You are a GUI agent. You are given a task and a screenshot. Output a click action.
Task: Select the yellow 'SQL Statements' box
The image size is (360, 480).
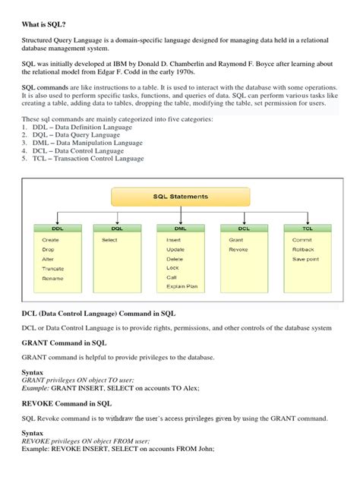(180, 197)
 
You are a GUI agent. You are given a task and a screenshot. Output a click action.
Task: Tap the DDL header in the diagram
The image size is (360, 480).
(58, 228)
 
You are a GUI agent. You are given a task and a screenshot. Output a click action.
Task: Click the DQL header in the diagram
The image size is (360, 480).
(117, 228)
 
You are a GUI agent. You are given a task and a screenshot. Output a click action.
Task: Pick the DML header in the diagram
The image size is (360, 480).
(180, 228)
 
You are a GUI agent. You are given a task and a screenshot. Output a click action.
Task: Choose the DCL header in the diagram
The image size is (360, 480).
(243, 228)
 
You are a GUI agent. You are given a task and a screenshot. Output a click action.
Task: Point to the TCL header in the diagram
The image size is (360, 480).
(306, 228)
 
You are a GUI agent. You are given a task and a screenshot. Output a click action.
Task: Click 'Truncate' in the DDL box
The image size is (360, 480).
(53, 269)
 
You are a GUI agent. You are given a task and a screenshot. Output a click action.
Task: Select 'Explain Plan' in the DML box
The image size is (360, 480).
(182, 286)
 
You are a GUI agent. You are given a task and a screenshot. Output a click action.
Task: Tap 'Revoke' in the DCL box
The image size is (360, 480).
(238, 249)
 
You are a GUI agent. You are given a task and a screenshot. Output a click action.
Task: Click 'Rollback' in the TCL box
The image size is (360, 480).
(303, 249)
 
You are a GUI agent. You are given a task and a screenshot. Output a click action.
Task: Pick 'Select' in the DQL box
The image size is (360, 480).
(110, 239)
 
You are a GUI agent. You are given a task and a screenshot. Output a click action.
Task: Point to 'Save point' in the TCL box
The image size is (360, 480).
(305, 259)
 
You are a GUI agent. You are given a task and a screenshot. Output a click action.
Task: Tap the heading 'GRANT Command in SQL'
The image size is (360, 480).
(64, 343)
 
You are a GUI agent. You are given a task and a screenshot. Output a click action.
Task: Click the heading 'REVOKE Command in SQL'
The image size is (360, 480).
(67, 403)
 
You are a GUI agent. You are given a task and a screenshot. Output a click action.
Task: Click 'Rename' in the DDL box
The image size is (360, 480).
(53, 279)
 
